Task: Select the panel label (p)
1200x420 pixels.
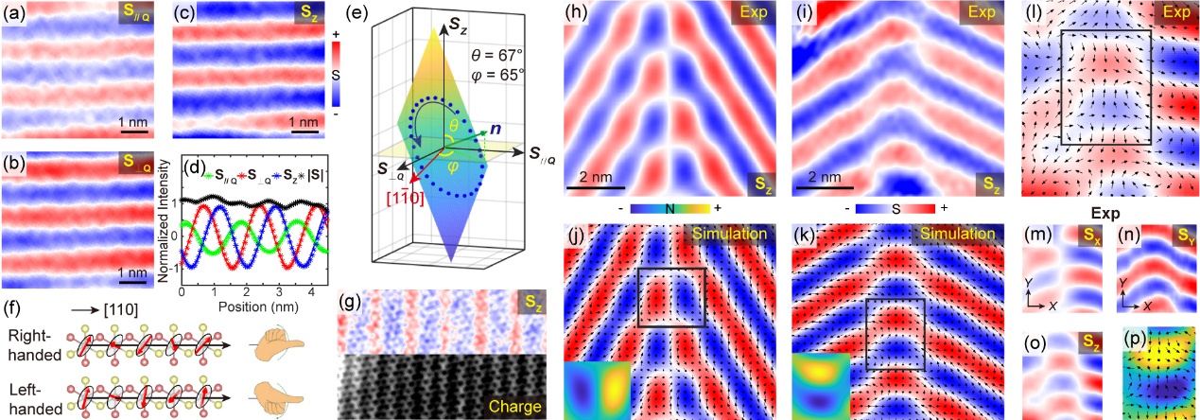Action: (x=1132, y=336)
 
